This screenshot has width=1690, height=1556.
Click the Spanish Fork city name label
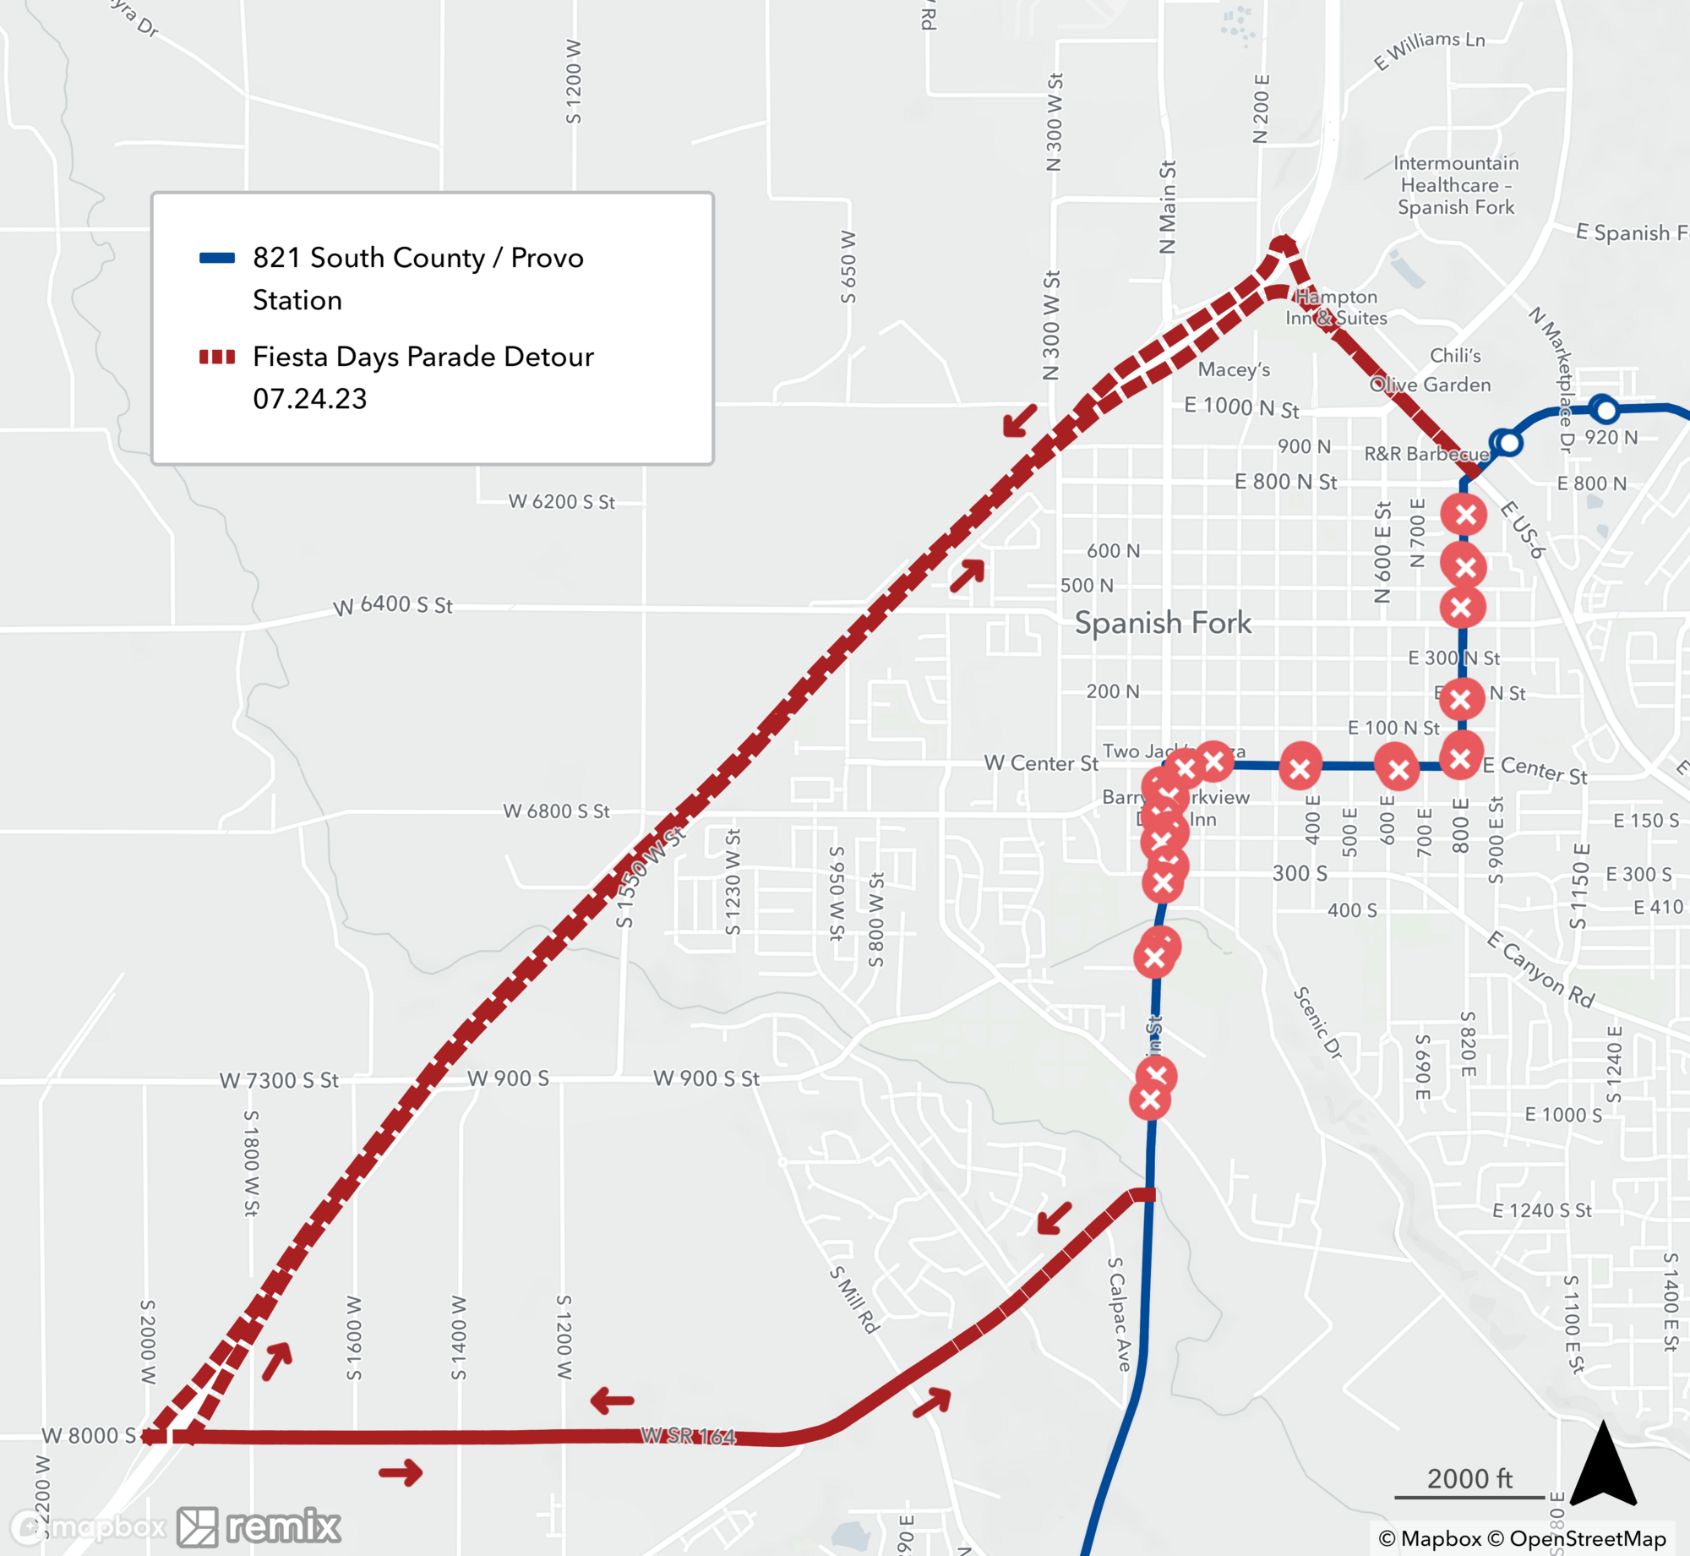pos(1163,623)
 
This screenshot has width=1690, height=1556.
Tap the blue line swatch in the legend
pos(216,258)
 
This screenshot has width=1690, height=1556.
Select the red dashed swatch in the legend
pos(216,357)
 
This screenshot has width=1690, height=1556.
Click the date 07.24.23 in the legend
pos(310,399)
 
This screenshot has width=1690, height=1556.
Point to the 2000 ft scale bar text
pos(1469,1478)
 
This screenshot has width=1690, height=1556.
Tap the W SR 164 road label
pos(688,1436)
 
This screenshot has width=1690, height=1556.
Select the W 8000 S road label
pos(89,1435)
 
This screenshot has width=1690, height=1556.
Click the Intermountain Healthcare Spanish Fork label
pos(1456,185)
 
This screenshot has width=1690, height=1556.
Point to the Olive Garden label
pos(1431,385)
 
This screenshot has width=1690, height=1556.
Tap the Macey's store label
pos(1234,369)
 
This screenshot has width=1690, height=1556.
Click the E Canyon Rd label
pos(1540,969)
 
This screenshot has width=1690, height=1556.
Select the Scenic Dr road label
pos(1317,1023)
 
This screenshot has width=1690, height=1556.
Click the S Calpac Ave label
pos(1119,1313)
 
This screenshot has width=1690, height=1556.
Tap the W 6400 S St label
pos(393,605)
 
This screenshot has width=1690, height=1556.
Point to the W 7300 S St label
pos(279,1080)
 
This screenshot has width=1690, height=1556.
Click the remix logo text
pos(283,1526)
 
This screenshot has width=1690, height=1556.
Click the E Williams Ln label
pos(1429,50)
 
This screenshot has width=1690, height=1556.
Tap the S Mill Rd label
pos(854,1299)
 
